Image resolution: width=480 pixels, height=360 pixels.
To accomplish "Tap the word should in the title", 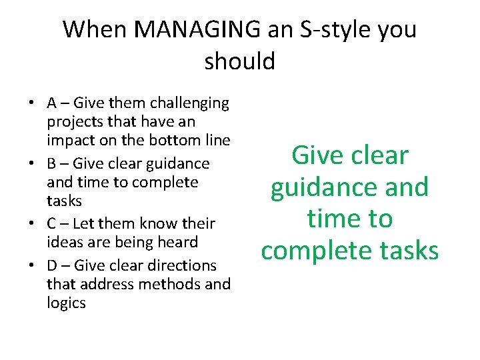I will [x=239, y=61].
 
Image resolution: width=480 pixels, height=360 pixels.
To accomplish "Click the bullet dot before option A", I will [x=31, y=103].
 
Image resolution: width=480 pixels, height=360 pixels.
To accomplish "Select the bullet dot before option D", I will [x=31, y=265].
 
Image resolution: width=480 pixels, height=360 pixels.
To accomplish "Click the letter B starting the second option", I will [x=52, y=163].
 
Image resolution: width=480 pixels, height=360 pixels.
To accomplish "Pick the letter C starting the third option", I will [x=52, y=223].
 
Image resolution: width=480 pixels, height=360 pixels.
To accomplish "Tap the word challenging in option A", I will [x=189, y=103].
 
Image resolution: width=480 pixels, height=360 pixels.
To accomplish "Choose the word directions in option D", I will [x=181, y=265].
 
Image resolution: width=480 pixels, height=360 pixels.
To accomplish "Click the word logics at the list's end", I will [x=66, y=303].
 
